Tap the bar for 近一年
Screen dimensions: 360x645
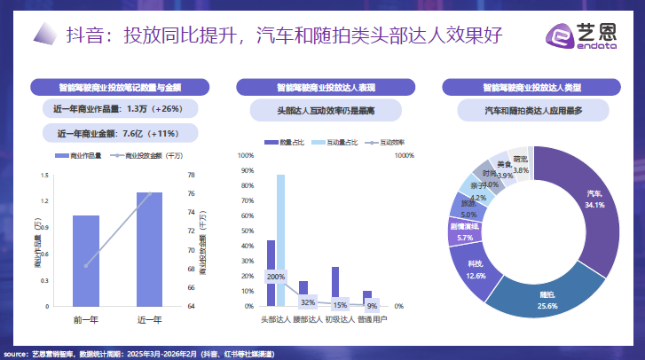149,248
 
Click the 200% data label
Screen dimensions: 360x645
275,277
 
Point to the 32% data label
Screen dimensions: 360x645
308,302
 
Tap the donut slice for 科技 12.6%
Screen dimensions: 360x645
476,269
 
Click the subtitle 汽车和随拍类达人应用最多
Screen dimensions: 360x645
533,111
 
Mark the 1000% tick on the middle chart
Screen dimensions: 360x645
405,155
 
